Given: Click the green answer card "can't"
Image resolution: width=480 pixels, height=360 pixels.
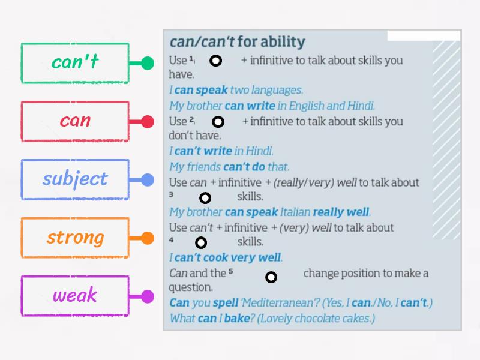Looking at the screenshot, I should click(x=75, y=62).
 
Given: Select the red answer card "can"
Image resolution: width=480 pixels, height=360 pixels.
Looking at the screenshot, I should click(x=75, y=121).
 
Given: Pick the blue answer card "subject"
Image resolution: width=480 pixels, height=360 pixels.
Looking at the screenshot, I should click(x=75, y=179).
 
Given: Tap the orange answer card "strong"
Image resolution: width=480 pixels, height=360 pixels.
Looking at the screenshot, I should click(x=75, y=237).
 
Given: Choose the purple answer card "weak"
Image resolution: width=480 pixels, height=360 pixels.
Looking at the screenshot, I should click(x=75, y=295).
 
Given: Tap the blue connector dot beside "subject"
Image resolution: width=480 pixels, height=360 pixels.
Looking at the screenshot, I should click(x=148, y=179).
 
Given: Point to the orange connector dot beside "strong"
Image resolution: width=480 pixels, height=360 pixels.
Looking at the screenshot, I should click(x=148, y=238).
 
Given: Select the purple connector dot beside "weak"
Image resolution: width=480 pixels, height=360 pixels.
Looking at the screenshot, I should click(x=148, y=296).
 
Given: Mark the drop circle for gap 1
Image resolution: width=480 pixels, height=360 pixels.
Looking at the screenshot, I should click(x=215, y=61).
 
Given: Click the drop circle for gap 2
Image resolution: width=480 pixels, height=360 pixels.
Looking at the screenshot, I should click(x=218, y=122).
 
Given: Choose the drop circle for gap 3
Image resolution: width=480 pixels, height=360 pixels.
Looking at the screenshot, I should click(x=205, y=198).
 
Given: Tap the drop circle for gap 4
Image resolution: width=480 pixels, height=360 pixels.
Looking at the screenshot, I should click(x=201, y=242).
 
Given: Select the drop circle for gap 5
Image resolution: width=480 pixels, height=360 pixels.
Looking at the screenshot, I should click(x=271, y=277).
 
